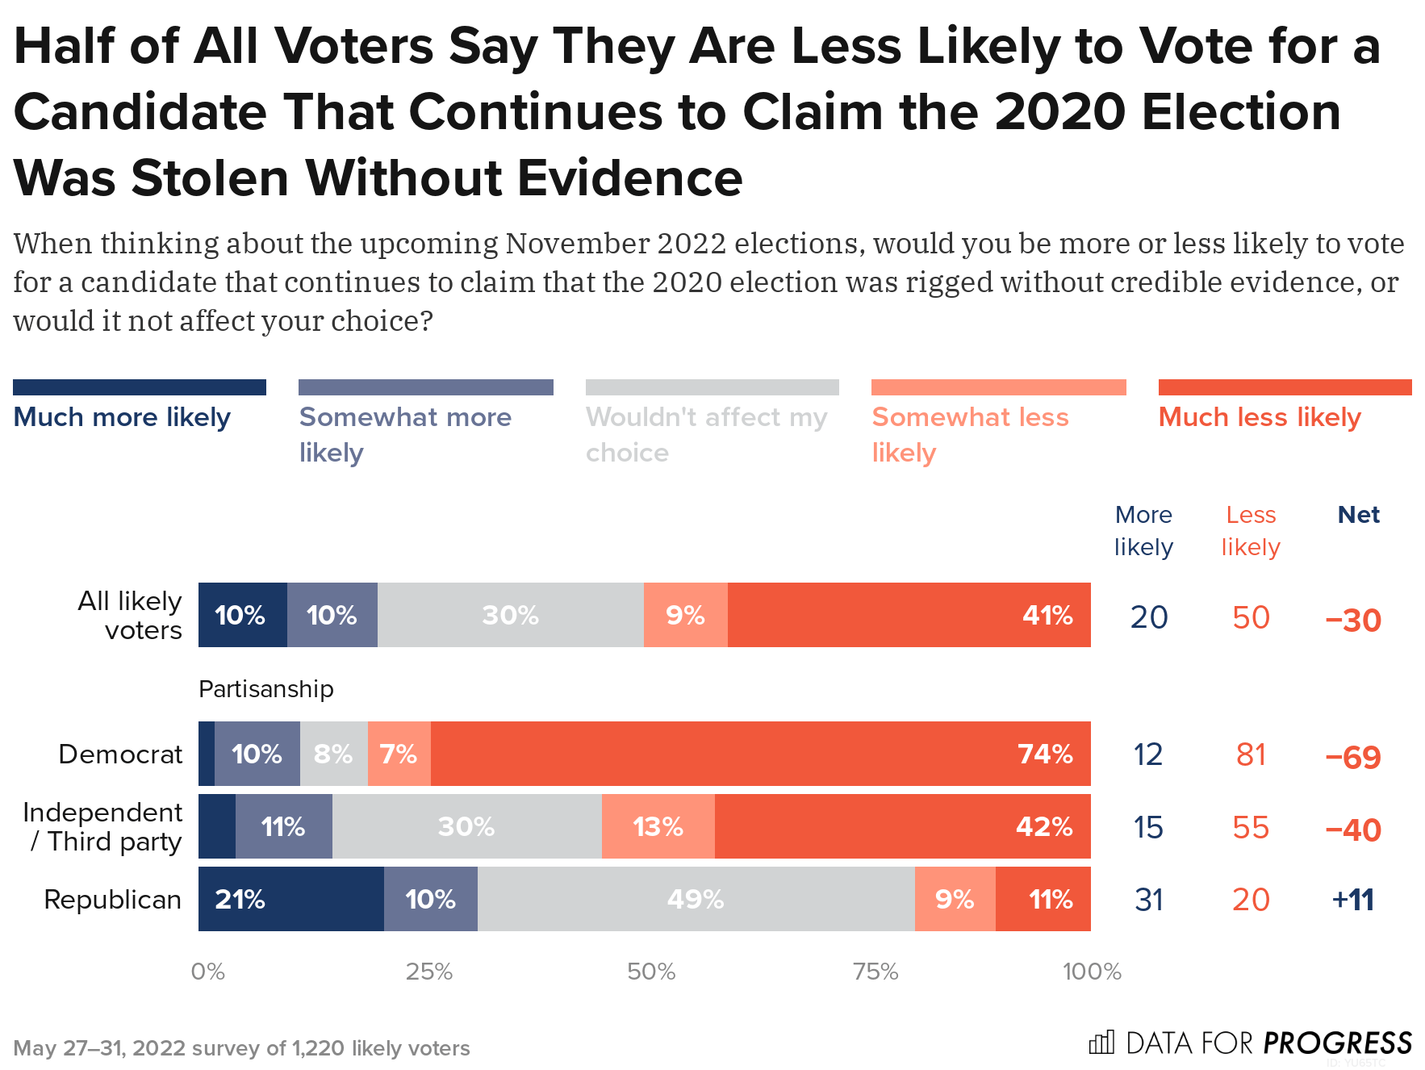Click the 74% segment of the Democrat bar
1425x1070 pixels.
[x=760, y=754]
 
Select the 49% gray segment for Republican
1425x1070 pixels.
[x=696, y=899]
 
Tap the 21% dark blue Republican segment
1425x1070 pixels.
[x=290, y=899]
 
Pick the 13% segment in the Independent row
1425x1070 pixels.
[x=658, y=826]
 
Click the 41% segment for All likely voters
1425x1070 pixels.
[x=909, y=615]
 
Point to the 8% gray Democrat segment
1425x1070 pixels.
[x=333, y=754]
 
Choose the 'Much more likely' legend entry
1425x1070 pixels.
[x=122, y=417]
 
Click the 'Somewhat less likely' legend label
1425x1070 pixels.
[x=970, y=434]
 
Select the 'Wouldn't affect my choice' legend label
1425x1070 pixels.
[x=706, y=434]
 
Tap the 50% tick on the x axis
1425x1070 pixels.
[x=651, y=972]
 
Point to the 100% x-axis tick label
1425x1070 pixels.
[x=1092, y=972]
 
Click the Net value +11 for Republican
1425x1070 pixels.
[x=1353, y=900]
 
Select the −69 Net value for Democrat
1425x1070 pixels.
[x=1353, y=757]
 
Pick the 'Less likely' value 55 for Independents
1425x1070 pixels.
[x=1251, y=828]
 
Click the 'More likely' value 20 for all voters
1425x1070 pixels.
[x=1149, y=617]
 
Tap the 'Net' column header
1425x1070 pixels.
[x=1359, y=515]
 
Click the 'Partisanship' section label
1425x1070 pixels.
[x=265, y=689]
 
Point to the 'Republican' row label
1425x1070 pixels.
[x=112, y=899]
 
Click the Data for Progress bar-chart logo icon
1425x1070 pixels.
[x=1101, y=1043]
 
